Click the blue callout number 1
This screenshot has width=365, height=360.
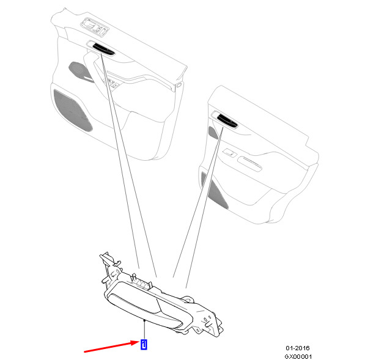tap(144, 344)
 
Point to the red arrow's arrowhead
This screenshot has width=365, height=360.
tap(136, 343)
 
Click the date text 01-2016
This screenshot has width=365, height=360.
tap(298, 348)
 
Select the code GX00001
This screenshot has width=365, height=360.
tap(298, 356)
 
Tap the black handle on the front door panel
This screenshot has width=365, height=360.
tap(103, 49)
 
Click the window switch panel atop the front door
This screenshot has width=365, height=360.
tap(95, 26)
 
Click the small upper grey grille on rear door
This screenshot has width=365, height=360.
tap(213, 133)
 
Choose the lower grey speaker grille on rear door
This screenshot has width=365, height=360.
tap(215, 191)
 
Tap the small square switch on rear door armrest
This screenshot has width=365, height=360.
tap(229, 153)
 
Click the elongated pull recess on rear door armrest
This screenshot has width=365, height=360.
tap(250, 164)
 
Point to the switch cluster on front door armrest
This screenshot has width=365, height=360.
tap(112, 83)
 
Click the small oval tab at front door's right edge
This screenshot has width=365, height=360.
tap(179, 85)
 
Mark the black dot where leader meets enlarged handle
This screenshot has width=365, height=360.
tap(144, 321)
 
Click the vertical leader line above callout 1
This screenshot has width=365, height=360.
tap(144, 330)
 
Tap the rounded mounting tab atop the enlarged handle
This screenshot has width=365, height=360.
tap(188, 299)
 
